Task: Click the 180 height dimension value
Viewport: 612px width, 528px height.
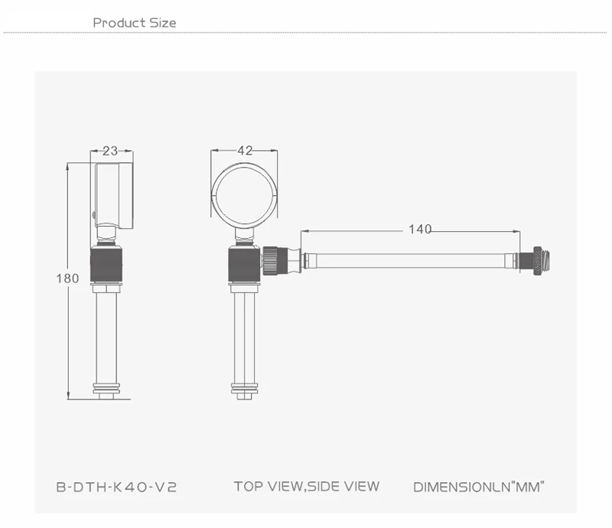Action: click(x=67, y=279)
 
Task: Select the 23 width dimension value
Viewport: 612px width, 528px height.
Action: click(x=110, y=151)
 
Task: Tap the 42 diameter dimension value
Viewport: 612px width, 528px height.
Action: click(x=245, y=150)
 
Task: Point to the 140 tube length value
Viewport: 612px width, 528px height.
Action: click(x=420, y=229)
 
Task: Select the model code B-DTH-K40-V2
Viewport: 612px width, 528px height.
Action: click(x=117, y=487)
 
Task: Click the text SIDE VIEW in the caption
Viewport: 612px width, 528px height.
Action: click(x=343, y=486)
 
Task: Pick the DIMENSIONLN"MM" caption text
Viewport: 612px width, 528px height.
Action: click(x=479, y=487)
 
